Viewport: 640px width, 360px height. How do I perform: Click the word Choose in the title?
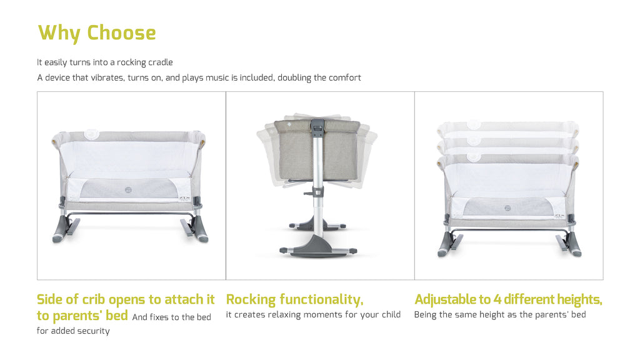pyautogui.click(x=121, y=32)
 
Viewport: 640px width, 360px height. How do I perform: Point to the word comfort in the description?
pyautogui.click(x=344, y=77)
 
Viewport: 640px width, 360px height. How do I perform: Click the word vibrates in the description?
pyautogui.click(x=107, y=77)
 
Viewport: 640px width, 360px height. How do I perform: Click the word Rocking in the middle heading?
pyautogui.click(x=251, y=300)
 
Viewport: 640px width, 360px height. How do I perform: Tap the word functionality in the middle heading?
pyautogui.click(x=321, y=300)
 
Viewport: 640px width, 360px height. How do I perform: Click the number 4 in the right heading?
pyautogui.click(x=497, y=299)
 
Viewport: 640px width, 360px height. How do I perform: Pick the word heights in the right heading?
pyautogui.click(x=579, y=300)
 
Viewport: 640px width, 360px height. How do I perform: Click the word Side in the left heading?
pyautogui.click(x=50, y=299)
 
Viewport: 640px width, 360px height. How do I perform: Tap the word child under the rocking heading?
pyautogui.click(x=391, y=314)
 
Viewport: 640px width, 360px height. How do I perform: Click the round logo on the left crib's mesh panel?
pyautogui.click(x=128, y=189)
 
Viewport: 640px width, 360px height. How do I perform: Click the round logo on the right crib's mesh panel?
pyautogui.click(x=507, y=208)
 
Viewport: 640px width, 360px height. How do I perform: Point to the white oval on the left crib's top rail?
pyautogui.click(x=91, y=134)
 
